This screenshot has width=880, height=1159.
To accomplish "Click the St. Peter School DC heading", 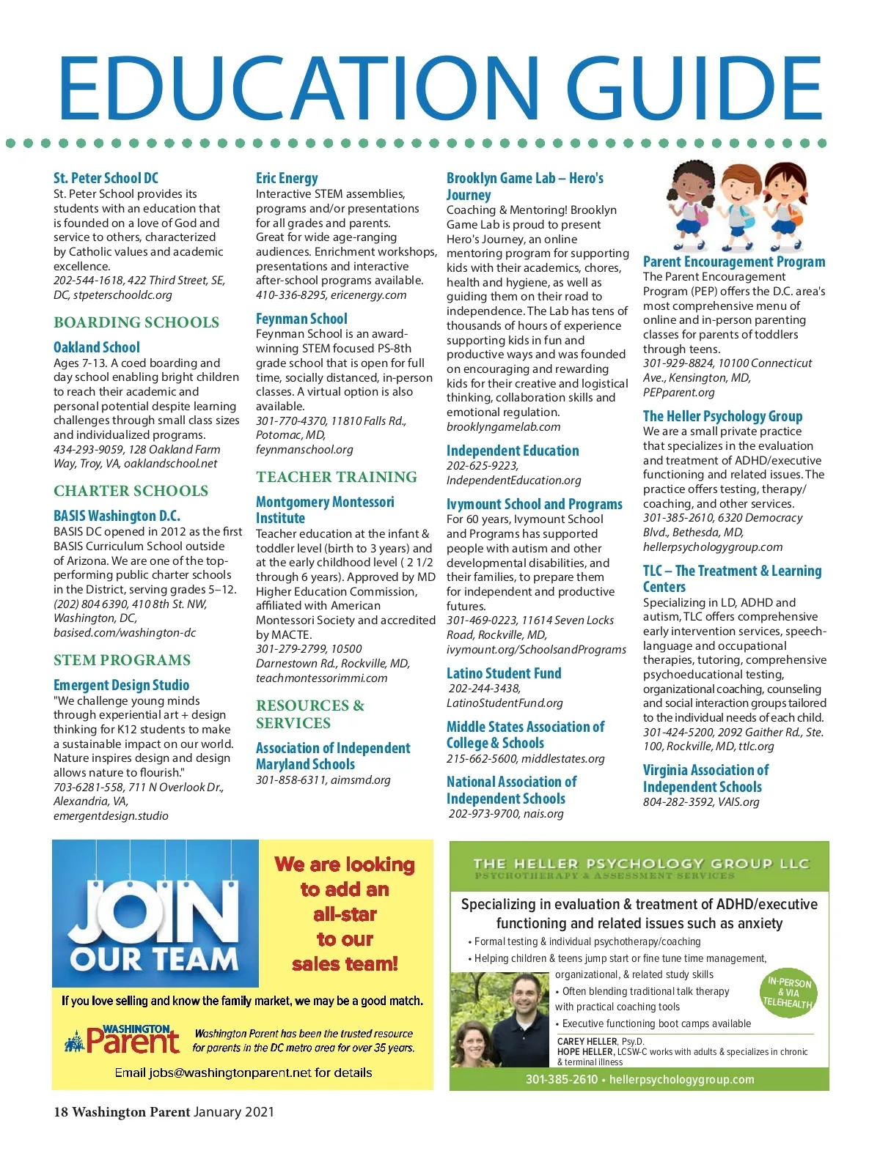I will click(x=106, y=178).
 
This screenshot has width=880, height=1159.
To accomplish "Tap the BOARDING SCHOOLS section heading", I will click(x=136, y=322).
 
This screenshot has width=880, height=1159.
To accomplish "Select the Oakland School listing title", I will click(x=97, y=347).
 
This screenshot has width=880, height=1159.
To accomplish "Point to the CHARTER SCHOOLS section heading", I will click(x=131, y=491).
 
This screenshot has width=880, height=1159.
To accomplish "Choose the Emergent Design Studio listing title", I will click(x=122, y=685).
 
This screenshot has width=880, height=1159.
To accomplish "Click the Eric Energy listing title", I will click(x=287, y=178).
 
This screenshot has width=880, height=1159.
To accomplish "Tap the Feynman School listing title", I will click(x=301, y=319).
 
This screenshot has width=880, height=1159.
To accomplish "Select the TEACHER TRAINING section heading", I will click(x=337, y=477).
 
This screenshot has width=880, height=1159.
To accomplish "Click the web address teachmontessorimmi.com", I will click(x=321, y=678).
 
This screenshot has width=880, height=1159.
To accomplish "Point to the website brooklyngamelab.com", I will click(x=503, y=427).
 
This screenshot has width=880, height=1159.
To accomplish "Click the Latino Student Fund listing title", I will click(x=504, y=673).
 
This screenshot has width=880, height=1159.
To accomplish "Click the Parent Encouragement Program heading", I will click(x=734, y=262).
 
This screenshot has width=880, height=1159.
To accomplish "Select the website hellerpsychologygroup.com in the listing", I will click(x=713, y=547).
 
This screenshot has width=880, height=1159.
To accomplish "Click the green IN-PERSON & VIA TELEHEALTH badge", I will click(x=789, y=993).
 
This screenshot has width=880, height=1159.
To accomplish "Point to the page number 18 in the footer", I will click(x=60, y=1112).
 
